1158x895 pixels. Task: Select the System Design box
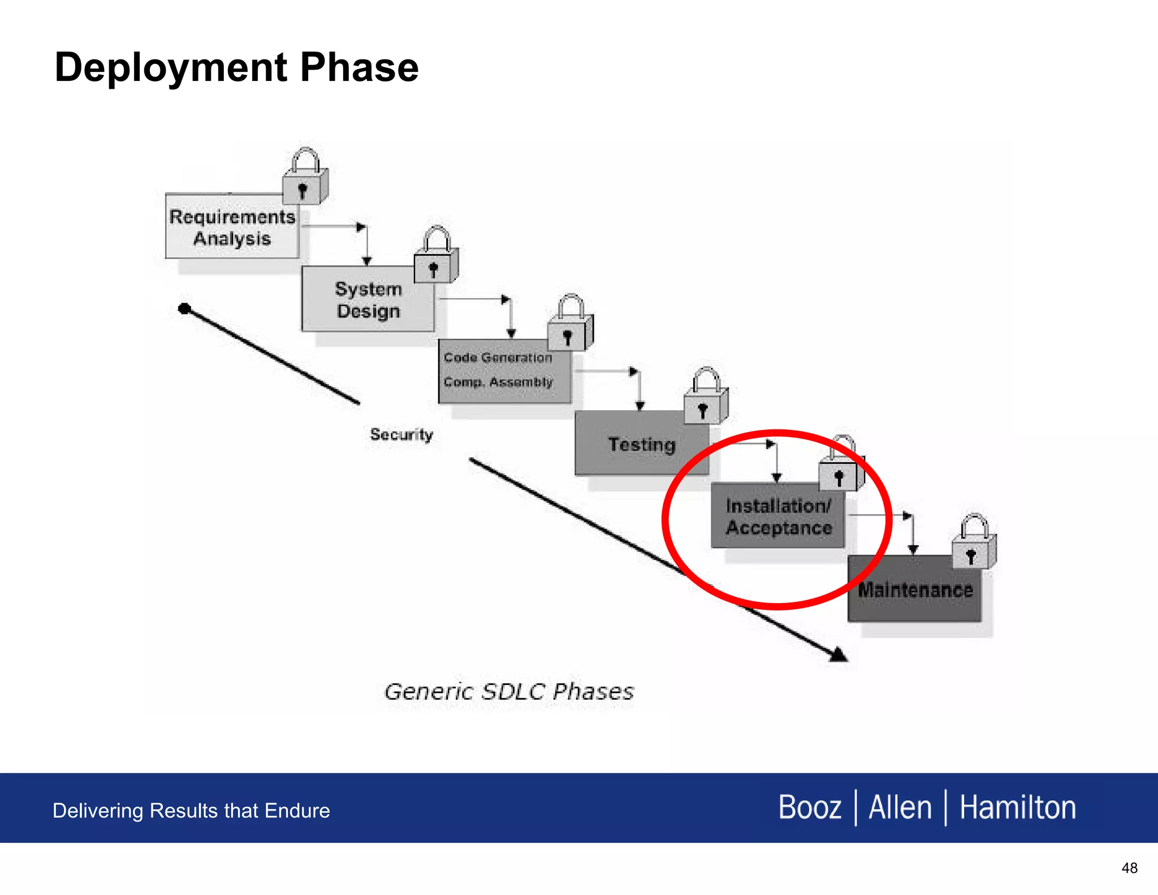click(x=368, y=300)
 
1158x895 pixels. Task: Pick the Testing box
click(x=641, y=445)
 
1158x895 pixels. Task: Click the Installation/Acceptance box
click(x=778, y=517)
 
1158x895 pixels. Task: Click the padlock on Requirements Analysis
click(x=304, y=179)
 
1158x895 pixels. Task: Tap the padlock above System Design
click(x=435, y=257)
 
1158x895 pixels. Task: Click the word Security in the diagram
click(x=401, y=434)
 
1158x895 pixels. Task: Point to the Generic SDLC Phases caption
click(x=509, y=692)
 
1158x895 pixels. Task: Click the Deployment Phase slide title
click(x=236, y=67)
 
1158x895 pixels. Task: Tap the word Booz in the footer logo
click(x=810, y=807)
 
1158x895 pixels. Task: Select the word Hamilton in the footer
click(x=1017, y=807)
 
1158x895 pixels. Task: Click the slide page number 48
click(x=1129, y=868)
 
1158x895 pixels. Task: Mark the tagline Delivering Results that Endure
click(x=191, y=811)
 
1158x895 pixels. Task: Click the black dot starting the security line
click(x=184, y=308)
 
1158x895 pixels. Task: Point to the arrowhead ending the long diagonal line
click(x=839, y=655)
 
